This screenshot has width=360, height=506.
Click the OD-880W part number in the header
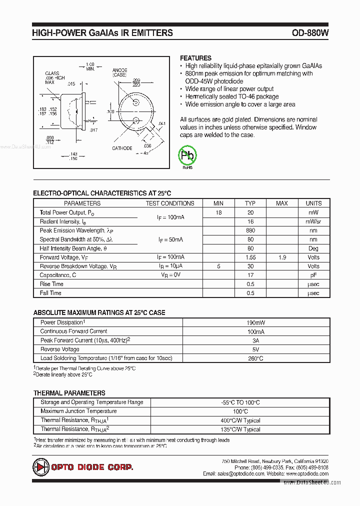click(310, 33)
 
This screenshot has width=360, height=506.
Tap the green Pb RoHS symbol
click(188, 156)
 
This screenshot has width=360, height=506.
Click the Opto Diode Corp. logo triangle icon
click(40, 467)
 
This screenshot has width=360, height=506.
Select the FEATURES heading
click(195, 58)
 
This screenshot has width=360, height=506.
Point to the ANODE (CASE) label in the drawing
click(119, 72)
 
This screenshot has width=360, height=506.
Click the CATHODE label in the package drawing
click(122, 148)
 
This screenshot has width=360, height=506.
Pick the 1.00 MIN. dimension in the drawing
click(90, 66)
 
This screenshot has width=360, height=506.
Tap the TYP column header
click(250, 203)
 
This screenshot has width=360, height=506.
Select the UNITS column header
click(313, 203)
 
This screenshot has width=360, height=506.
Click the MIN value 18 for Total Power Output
click(218, 212)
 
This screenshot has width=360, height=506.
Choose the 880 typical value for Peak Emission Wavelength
click(250, 230)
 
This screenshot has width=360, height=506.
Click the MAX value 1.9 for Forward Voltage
click(282, 257)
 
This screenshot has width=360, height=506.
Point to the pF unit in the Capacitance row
click(313, 275)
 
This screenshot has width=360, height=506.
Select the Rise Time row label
click(51, 284)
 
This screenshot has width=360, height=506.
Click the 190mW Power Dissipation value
click(255, 322)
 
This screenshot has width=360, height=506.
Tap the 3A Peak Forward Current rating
click(255, 340)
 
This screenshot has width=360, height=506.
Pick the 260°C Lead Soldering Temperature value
click(255, 358)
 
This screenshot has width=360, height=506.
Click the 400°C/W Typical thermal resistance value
click(240, 420)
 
